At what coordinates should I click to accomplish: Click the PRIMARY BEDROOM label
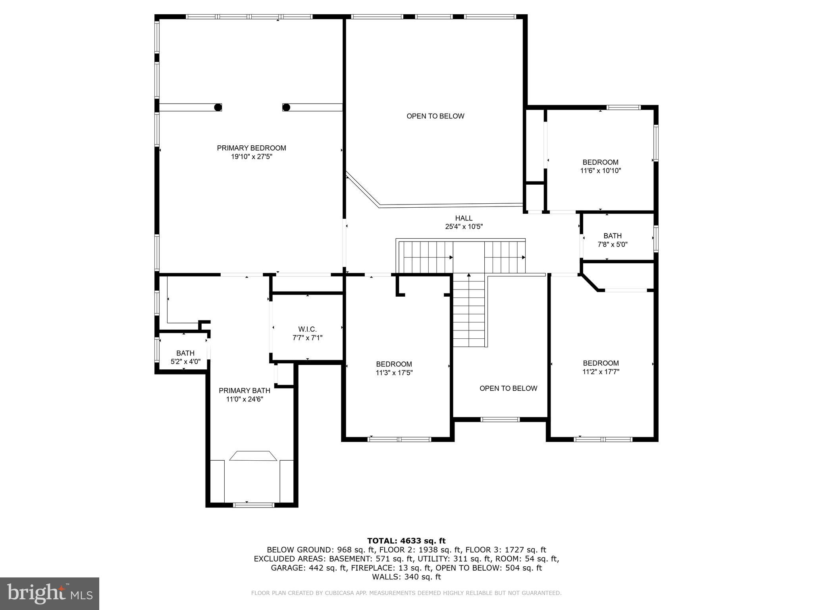(251, 148)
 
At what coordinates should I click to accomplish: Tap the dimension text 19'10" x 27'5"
(251, 157)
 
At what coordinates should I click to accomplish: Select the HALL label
(464, 218)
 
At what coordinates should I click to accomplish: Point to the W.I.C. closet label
(307, 329)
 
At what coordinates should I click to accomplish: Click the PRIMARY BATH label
(245, 390)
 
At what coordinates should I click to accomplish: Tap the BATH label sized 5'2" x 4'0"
(185, 353)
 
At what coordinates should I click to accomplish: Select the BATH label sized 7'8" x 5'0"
(613, 236)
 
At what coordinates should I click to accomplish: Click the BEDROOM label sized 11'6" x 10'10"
(600, 162)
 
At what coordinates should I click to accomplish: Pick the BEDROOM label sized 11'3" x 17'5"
(394, 364)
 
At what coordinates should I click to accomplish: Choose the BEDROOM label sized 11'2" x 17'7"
(601, 363)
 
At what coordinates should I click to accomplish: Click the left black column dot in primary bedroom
(218, 107)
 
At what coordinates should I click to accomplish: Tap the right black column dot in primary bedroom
(286, 107)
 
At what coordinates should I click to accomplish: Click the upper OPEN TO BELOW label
(435, 116)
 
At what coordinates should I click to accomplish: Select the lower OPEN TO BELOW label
(508, 388)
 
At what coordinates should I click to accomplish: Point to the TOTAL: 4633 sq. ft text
(406, 541)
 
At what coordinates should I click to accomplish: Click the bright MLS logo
(49, 593)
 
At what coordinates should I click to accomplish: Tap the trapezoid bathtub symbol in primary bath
(253, 456)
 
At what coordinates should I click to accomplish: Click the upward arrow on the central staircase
(469, 275)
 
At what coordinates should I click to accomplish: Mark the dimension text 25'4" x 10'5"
(464, 227)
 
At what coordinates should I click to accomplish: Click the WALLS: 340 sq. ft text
(406, 577)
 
